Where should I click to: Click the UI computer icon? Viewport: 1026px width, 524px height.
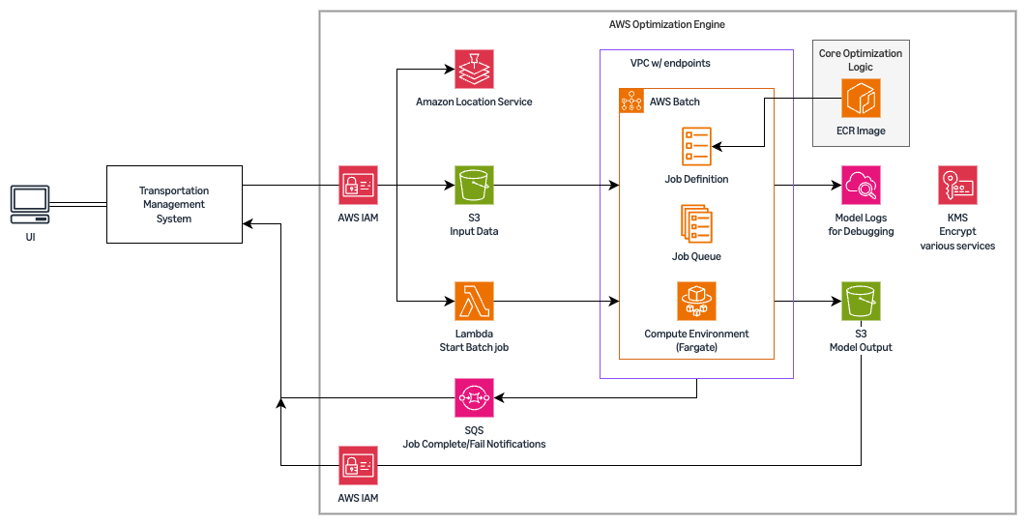point(29,204)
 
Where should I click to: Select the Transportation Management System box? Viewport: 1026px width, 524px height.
point(173,204)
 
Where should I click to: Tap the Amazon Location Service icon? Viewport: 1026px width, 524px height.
point(474,69)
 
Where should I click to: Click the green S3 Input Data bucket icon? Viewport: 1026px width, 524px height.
point(474,185)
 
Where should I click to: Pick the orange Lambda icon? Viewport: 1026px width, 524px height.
point(474,301)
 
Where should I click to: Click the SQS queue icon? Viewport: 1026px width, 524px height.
point(474,397)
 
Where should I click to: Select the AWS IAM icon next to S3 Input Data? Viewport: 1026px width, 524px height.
point(358,185)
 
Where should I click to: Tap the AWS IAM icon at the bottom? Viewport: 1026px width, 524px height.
point(358,465)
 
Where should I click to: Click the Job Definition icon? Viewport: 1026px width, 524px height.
point(696,146)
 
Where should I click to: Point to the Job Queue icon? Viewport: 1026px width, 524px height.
point(696,223)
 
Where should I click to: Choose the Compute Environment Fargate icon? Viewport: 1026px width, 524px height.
point(696,301)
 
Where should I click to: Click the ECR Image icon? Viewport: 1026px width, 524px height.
point(862,99)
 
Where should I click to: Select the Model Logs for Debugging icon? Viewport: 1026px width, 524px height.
point(861,185)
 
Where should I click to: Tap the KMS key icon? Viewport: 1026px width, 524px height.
point(957,185)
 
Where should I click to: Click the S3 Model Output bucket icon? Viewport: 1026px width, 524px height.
point(861,301)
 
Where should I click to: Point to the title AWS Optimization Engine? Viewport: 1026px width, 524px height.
point(667,23)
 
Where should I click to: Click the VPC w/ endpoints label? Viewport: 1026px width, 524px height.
point(670,63)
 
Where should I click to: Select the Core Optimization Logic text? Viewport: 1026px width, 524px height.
point(860,60)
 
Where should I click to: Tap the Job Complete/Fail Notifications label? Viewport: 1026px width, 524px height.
point(474,444)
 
